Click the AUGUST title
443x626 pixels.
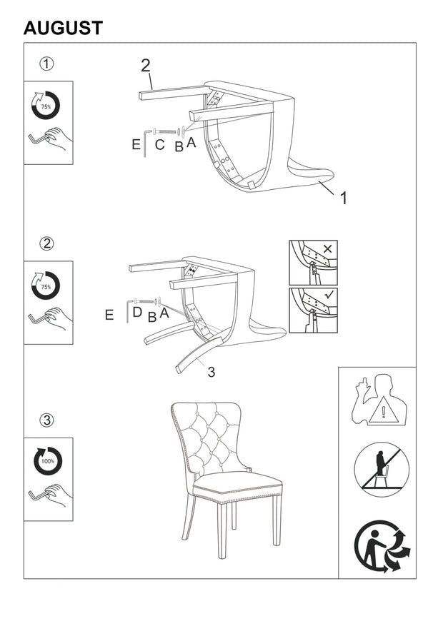pyautogui.click(x=63, y=28)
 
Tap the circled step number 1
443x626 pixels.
pyautogui.click(x=46, y=64)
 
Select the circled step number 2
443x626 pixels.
pyautogui.click(x=46, y=243)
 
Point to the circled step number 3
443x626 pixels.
pyautogui.click(x=46, y=420)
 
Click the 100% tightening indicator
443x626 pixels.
pyautogui.click(x=48, y=461)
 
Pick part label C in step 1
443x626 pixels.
pyautogui.click(x=160, y=144)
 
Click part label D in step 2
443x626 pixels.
pyautogui.click(x=137, y=312)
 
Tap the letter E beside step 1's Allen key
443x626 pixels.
pyautogui.click(x=136, y=144)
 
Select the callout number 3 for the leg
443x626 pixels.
pyautogui.click(x=211, y=372)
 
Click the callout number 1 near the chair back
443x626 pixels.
pyautogui.click(x=343, y=198)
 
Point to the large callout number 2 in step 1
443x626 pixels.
pyautogui.click(x=146, y=66)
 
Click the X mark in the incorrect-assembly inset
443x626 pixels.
pyautogui.click(x=327, y=249)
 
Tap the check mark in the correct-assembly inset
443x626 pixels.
pyautogui.click(x=329, y=296)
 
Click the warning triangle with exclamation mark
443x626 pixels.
pyautogui.click(x=384, y=410)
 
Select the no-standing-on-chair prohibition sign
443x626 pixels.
pyautogui.click(x=382, y=470)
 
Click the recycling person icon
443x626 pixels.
pyautogui.click(x=382, y=546)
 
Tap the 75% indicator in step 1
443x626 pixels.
pyautogui.click(x=46, y=106)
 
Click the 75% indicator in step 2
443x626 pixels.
pyautogui.click(x=46, y=286)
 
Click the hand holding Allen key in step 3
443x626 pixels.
pyautogui.click(x=51, y=495)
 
